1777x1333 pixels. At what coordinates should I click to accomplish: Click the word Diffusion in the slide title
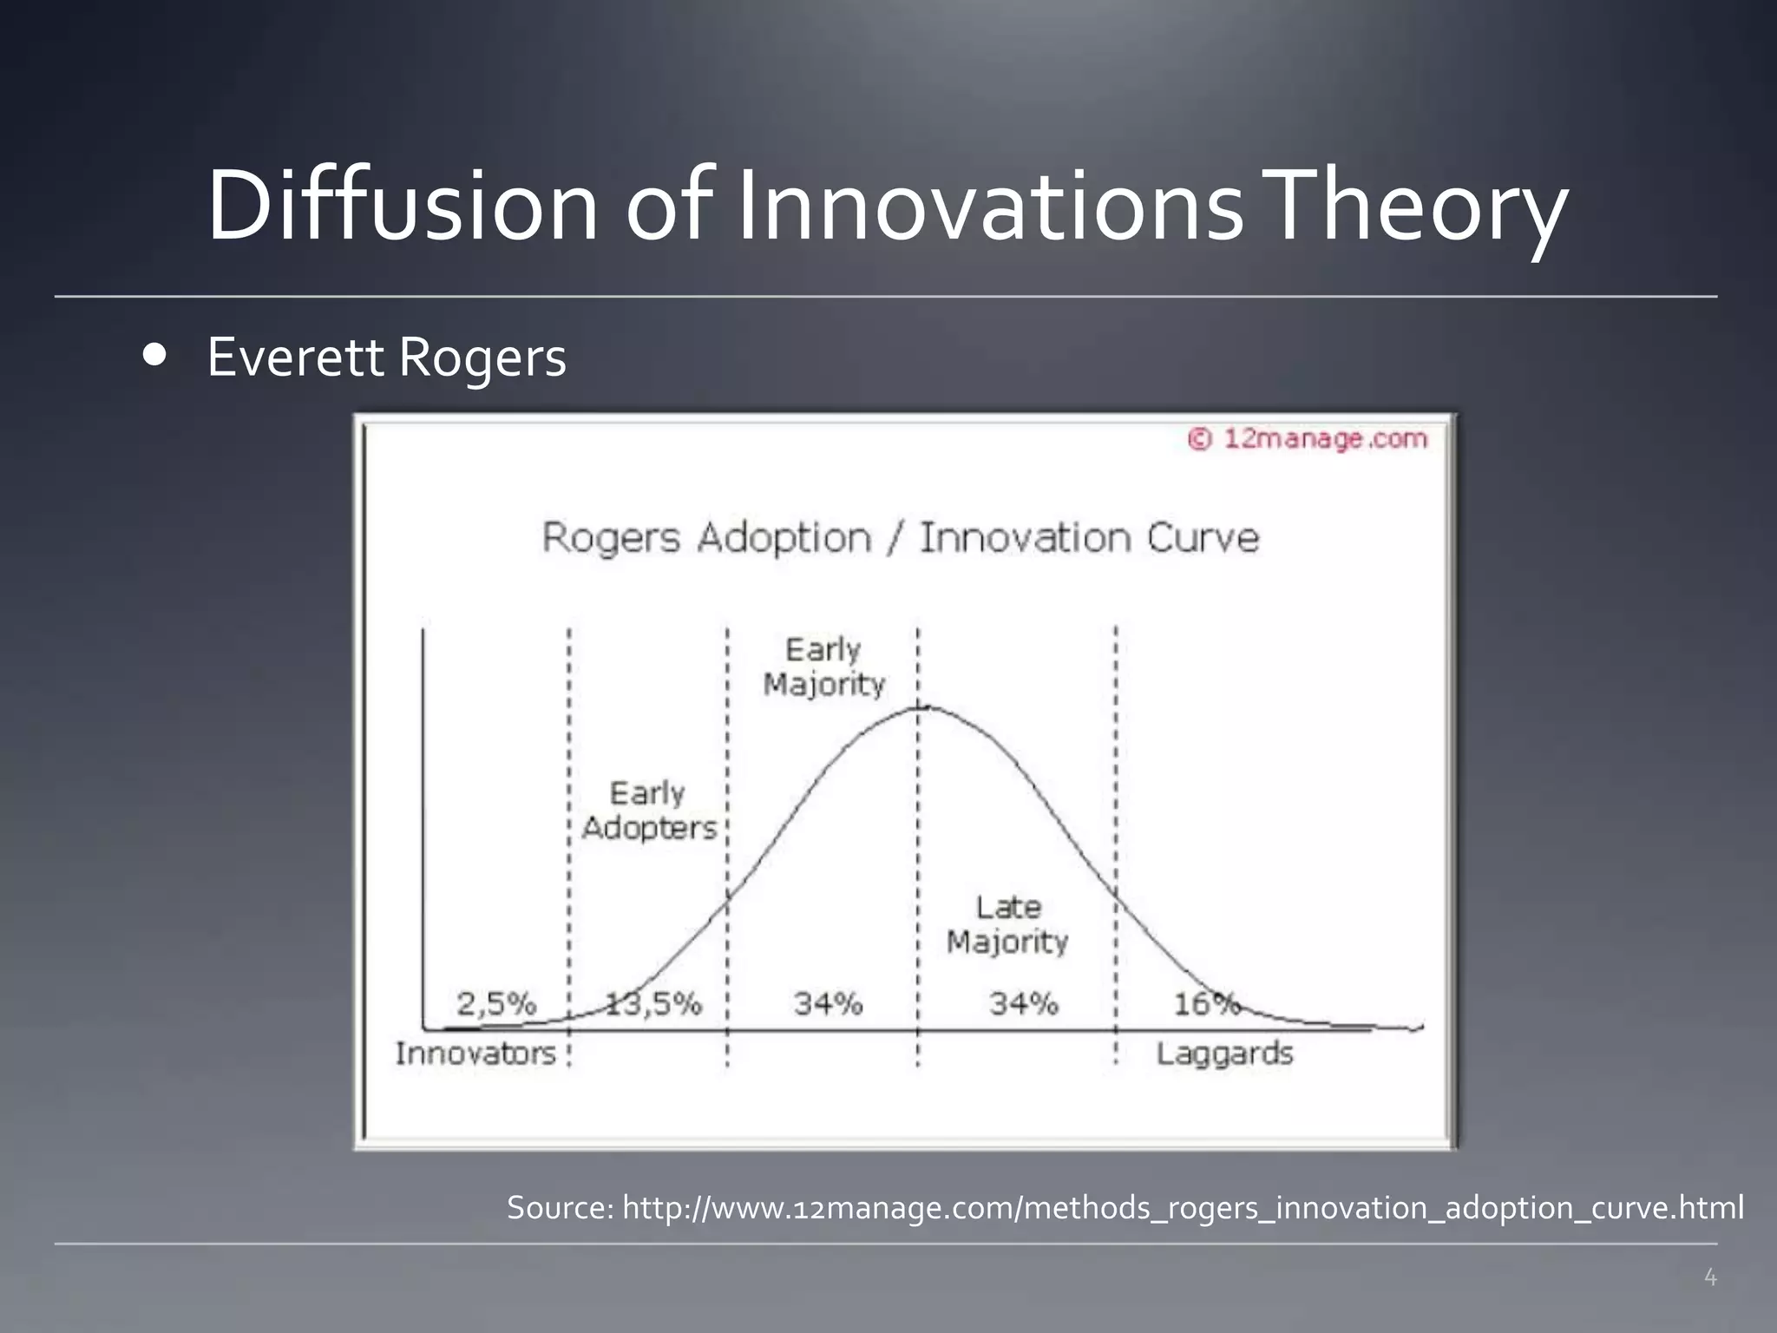(402, 206)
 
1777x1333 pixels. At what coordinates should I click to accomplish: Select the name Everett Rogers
(386, 358)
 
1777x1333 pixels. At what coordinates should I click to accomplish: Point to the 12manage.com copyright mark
(1308, 439)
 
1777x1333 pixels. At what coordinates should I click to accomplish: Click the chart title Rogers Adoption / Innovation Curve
(900, 537)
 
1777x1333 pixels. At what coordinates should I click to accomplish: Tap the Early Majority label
(823, 666)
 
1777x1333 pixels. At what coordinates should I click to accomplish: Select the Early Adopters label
(649, 811)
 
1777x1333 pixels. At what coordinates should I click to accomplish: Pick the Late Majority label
(1007, 924)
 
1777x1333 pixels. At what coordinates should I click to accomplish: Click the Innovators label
(475, 1054)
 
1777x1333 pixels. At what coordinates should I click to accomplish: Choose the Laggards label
(1224, 1054)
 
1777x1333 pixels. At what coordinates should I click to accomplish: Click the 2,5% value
(496, 1004)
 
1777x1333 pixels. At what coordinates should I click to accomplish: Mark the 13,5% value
(652, 1004)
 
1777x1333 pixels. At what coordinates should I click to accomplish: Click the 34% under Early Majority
(828, 1004)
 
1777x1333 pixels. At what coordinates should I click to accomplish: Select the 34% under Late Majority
(1024, 1004)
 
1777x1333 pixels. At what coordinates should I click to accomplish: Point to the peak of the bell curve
(920, 708)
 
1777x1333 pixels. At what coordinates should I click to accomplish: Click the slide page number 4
(1710, 1277)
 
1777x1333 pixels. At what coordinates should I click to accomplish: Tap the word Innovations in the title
(989, 206)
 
